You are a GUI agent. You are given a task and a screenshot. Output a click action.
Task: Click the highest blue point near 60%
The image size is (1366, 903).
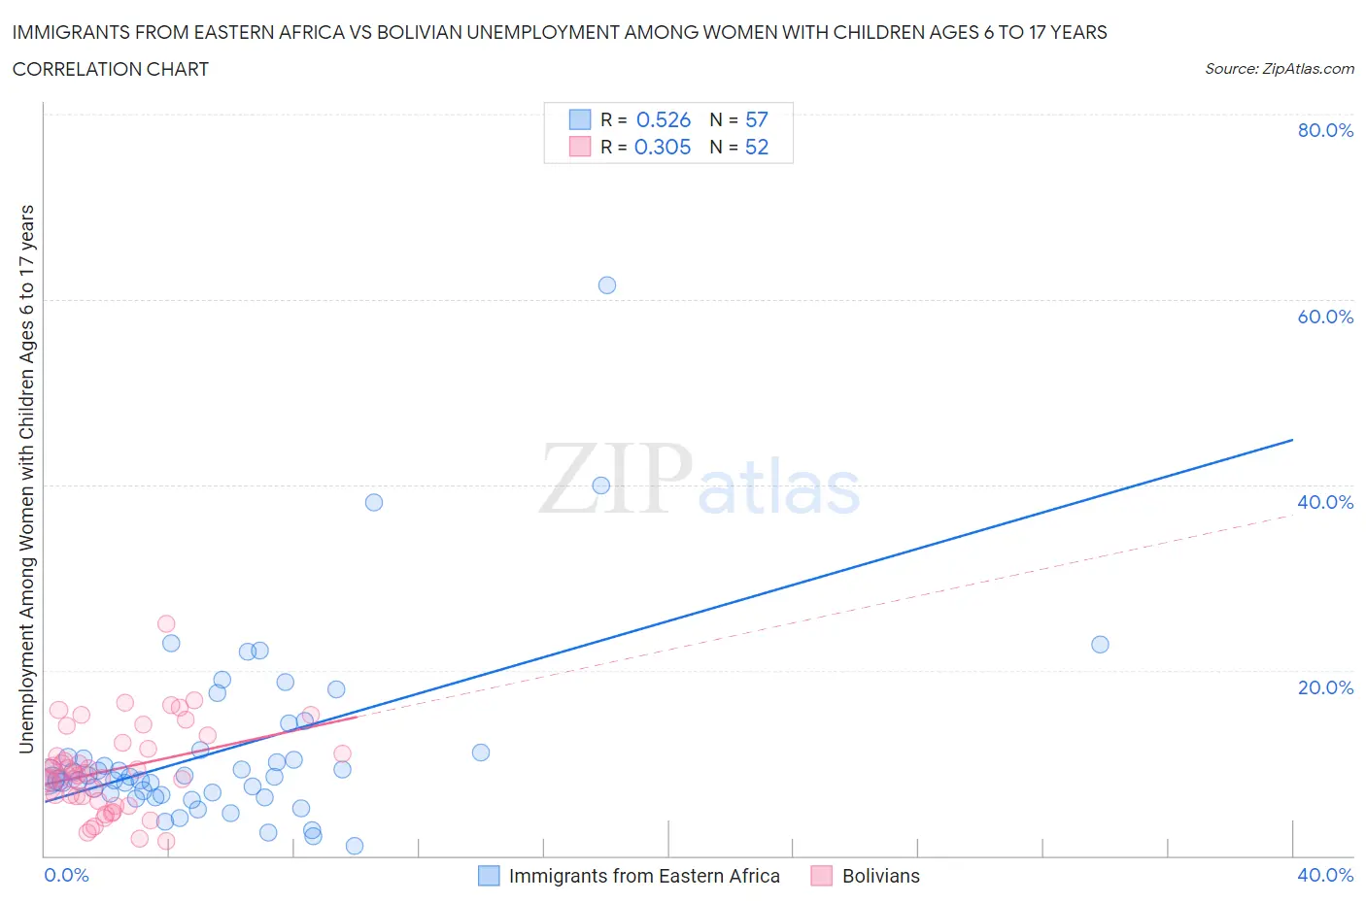[607, 285]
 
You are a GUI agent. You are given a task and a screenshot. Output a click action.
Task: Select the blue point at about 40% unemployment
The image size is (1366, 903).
[601, 485]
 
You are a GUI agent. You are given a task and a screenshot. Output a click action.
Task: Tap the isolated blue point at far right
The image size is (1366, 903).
[1100, 645]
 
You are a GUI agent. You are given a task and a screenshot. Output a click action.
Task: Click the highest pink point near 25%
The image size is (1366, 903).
[166, 624]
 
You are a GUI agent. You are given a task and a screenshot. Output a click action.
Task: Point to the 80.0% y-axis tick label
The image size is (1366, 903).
[1325, 130]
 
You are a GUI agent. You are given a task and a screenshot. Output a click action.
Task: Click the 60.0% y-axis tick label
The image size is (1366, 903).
[1325, 317]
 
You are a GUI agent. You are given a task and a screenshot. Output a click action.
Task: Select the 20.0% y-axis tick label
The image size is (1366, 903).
[1325, 687]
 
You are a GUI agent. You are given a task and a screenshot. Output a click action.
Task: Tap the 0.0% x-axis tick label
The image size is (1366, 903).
[66, 876]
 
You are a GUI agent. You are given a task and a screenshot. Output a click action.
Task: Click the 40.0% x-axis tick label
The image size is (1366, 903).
[1325, 876]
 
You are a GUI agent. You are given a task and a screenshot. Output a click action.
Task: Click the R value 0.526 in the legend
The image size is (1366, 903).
[664, 119]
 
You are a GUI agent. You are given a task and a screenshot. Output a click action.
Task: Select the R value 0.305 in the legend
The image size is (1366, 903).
[663, 147]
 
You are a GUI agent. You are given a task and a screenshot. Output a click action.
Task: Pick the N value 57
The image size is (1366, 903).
[757, 119]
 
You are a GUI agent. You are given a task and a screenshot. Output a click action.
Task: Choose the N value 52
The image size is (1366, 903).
[757, 147]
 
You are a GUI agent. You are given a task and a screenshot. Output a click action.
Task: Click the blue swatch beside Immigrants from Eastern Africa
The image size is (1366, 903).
[489, 876]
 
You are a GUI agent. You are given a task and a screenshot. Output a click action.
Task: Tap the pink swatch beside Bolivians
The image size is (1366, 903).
[822, 876]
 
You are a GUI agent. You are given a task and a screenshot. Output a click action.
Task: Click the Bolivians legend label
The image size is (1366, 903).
[880, 876]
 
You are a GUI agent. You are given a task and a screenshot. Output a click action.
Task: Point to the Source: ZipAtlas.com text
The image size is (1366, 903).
[1279, 69]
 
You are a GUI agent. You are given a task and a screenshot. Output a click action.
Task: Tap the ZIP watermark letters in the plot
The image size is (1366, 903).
[616, 479]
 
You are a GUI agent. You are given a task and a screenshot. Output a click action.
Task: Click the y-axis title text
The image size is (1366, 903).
[26, 479]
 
